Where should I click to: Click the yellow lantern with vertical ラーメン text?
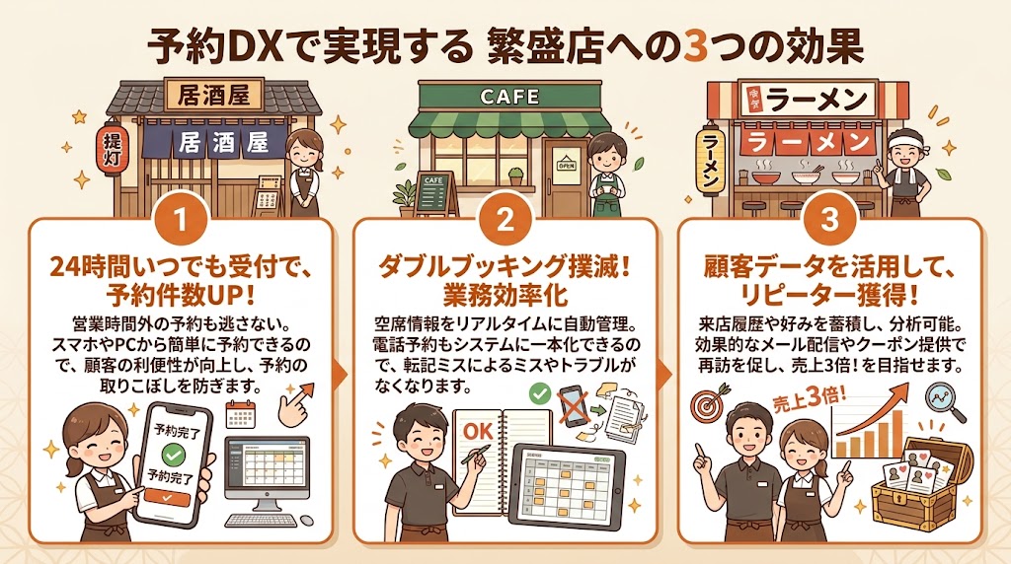[712, 155]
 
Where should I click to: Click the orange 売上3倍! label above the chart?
[799, 399]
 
